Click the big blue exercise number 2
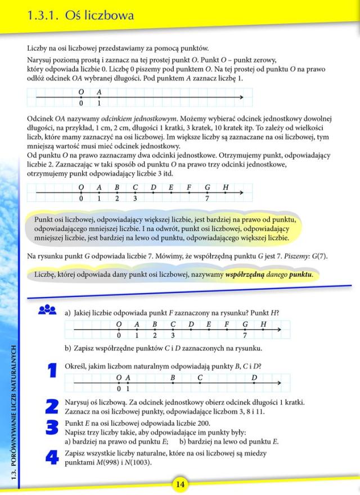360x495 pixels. [x=52, y=406]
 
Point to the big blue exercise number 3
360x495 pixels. [x=52, y=427]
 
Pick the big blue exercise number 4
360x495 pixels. [x=52, y=456]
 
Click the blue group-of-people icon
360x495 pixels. [x=47, y=310]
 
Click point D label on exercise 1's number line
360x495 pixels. [x=254, y=377]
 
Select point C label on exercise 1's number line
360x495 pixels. [x=200, y=377]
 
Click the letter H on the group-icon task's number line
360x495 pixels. [x=263, y=324]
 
